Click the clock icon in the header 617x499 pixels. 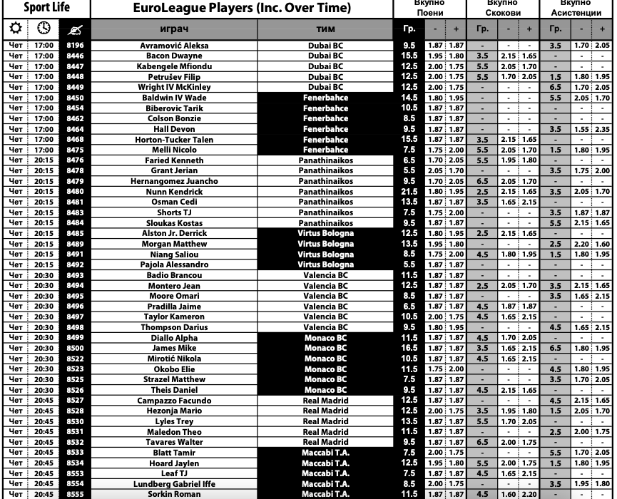(x=44, y=29)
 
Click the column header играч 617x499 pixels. (x=174, y=29)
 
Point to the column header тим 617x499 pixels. (x=325, y=29)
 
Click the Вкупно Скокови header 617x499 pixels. (x=504, y=8)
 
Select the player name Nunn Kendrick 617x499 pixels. (x=174, y=192)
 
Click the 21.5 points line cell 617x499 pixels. (x=409, y=192)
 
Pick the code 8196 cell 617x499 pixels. (x=75, y=45)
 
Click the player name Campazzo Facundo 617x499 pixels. (x=174, y=401)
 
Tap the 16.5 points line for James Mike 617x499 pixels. (x=409, y=348)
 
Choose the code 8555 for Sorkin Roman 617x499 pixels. (x=75, y=494)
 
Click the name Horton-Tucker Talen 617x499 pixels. (x=174, y=140)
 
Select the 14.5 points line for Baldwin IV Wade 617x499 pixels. (x=409, y=98)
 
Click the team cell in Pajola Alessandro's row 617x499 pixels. (x=325, y=264)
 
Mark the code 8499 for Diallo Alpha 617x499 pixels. (x=75, y=338)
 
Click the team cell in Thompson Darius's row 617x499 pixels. (x=325, y=327)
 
